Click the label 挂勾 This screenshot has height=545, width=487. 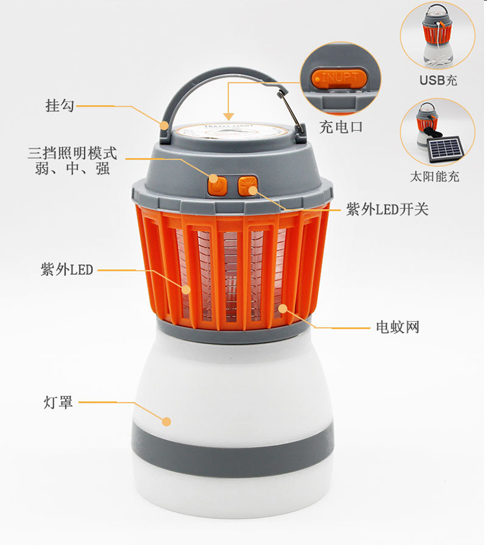60,106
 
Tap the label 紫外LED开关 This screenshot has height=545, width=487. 387,209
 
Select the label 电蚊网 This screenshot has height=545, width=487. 397,327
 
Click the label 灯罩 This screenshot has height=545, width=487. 58,402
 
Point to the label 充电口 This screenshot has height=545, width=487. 341,127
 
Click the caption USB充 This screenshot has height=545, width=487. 438,80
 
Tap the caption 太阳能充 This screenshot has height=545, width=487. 434,176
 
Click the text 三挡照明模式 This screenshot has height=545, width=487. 72,153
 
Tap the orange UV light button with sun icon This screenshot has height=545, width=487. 247,186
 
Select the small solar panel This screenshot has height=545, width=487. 446,149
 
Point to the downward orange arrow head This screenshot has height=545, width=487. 229,117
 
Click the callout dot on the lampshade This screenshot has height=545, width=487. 167,422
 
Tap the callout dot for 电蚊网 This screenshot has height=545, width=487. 283,308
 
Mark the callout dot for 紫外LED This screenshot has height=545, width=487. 186,289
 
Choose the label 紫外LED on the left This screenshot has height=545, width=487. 67,270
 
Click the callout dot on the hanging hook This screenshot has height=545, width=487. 164,125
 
